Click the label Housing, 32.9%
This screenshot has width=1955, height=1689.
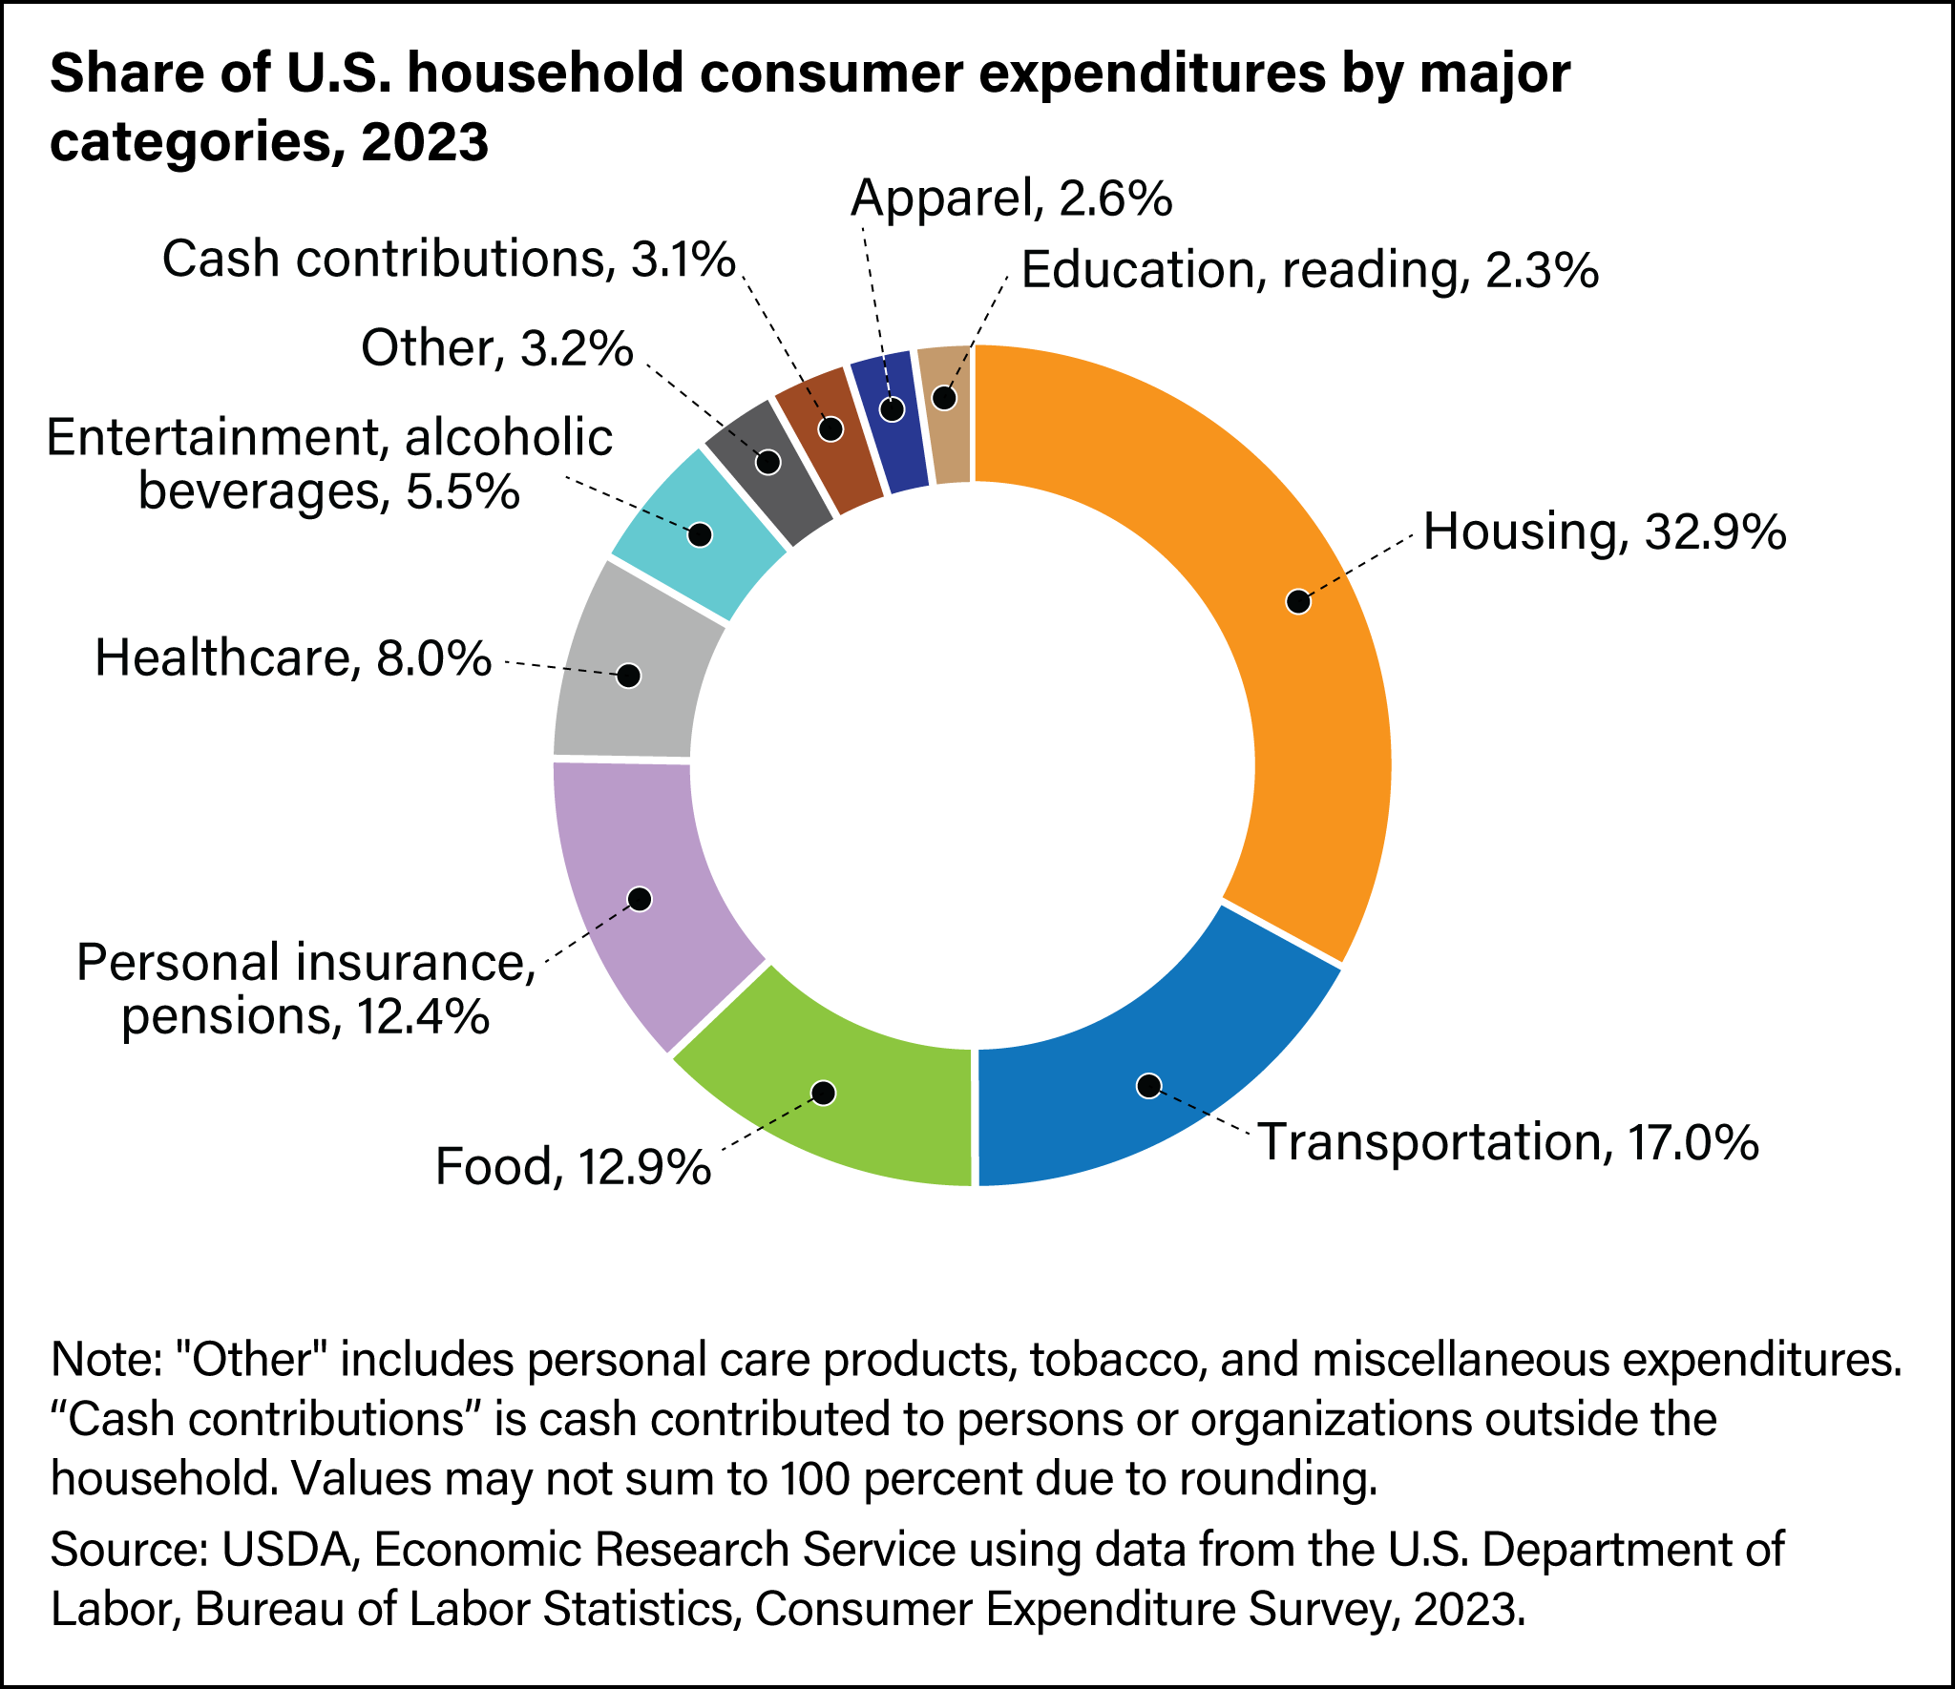[x=1604, y=532]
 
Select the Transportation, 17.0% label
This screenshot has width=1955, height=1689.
[x=1508, y=1142]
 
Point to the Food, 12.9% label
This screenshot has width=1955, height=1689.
[x=573, y=1166]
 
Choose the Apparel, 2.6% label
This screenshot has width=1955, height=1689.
[x=1011, y=198]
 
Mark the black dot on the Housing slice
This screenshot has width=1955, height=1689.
[x=1298, y=601]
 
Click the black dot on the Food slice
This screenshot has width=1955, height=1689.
[x=825, y=1093]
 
